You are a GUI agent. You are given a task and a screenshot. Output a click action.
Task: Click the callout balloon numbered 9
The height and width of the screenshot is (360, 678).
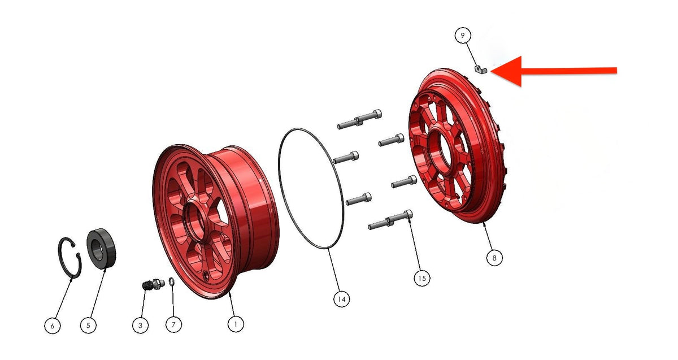click(x=463, y=36)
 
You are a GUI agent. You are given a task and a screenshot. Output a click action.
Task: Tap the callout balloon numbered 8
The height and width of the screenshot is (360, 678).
click(x=494, y=258)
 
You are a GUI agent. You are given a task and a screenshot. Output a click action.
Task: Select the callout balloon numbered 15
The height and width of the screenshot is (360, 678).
click(x=422, y=278)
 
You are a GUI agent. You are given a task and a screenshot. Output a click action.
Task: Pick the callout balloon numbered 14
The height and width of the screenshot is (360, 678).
click(x=342, y=299)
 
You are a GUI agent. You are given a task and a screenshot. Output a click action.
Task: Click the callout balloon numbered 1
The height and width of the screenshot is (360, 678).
click(x=236, y=324)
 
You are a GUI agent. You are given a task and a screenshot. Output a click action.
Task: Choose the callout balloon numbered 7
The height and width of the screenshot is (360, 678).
click(x=173, y=324)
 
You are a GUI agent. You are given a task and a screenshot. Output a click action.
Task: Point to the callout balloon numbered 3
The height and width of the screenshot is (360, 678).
click(x=140, y=326)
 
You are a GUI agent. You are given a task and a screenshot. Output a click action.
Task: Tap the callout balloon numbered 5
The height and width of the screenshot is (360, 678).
click(x=88, y=326)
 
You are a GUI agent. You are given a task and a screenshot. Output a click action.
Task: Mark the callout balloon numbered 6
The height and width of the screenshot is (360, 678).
click(x=53, y=326)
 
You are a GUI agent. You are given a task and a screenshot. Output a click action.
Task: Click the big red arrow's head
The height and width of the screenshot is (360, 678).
click(x=508, y=71)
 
